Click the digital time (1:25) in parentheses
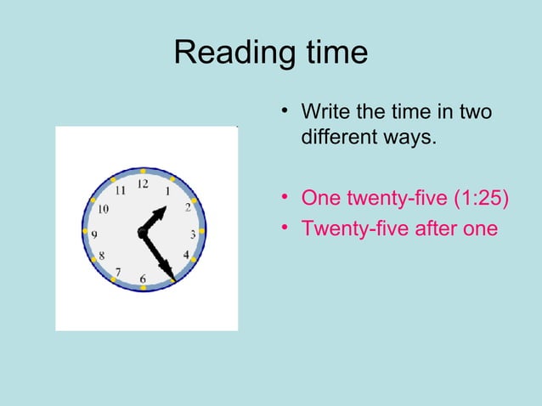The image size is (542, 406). pyautogui.click(x=477, y=199)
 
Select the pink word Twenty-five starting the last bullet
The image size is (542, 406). pyautogui.click(x=345, y=228)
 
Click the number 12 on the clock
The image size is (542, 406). pyautogui.click(x=143, y=183)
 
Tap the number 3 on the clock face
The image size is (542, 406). pyautogui.click(x=193, y=234)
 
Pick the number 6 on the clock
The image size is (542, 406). pyautogui.click(x=143, y=279)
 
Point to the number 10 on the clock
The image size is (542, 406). pyautogui.click(x=103, y=208)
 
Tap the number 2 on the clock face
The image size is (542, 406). pyautogui.click(x=187, y=208)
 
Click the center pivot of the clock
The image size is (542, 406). pyautogui.click(x=142, y=232)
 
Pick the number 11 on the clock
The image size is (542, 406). pyautogui.click(x=120, y=190)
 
